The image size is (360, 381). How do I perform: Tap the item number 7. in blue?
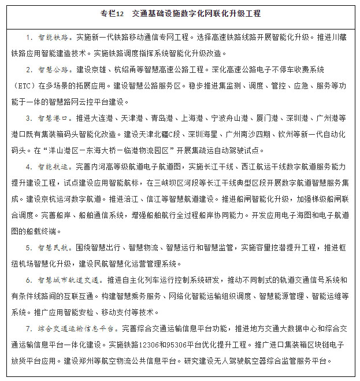pos(29,329)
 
